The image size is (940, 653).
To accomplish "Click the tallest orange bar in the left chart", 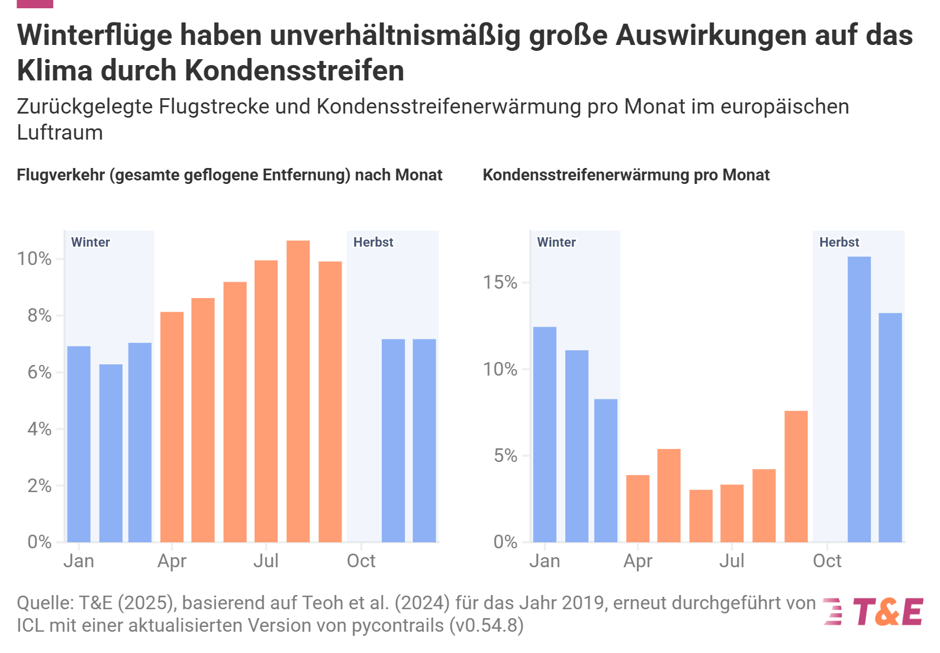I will point(298,390).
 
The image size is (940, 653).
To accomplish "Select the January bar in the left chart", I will point(79,444).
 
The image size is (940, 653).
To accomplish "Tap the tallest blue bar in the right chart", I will point(859,399).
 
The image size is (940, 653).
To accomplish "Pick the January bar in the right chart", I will point(545,435).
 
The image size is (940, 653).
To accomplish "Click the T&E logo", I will point(874,612).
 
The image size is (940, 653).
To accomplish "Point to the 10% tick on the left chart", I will point(34,258).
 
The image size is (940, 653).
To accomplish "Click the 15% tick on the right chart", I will point(500,283).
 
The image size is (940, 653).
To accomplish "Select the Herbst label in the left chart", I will point(373,242).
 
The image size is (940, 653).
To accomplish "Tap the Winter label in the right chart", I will point(556,242).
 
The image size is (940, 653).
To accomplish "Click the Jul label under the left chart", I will point(266,561).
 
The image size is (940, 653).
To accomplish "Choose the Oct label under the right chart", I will point(827,561).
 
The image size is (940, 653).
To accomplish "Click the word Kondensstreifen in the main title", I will point(294,70).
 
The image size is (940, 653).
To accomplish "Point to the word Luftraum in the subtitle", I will point(60,132).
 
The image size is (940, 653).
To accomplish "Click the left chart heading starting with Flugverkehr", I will point(229,175).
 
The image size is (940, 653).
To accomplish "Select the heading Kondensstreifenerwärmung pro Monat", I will point(626,175).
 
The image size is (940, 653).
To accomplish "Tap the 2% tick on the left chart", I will point(39,486).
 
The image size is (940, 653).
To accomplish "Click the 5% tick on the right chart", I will point(505,456).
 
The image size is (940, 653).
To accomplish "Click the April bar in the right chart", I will point(638,509).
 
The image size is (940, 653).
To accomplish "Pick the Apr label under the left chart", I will point(172,561).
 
